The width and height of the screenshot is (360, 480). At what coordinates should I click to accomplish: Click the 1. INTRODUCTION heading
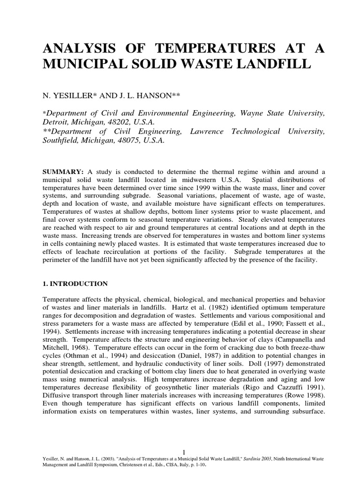coord(75,284)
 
